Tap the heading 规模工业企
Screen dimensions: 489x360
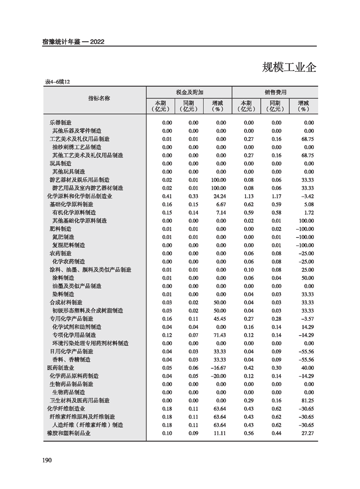click(x=289, y=68)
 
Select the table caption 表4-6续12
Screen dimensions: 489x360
click(x=57, y=82)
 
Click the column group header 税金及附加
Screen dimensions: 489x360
click(x=189, y=92)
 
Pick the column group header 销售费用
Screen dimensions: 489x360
click(x=276, y=92)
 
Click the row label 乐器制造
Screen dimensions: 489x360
click(x=60, y=123)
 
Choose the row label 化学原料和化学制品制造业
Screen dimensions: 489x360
click(x=80, y=196)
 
